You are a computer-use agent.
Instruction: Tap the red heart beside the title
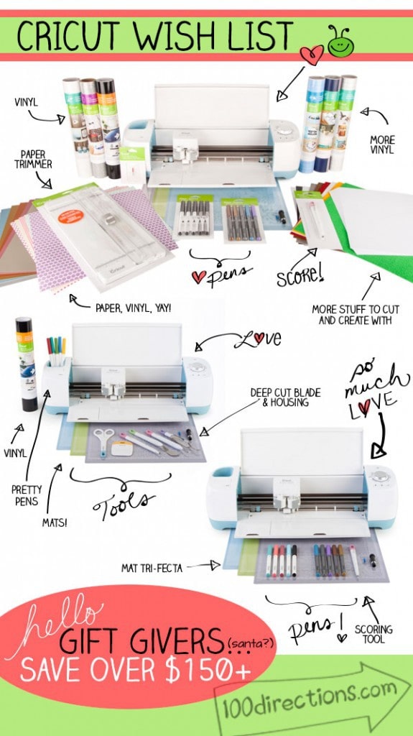click(311, 55)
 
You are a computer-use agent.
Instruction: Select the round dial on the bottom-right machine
click(379, 476)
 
